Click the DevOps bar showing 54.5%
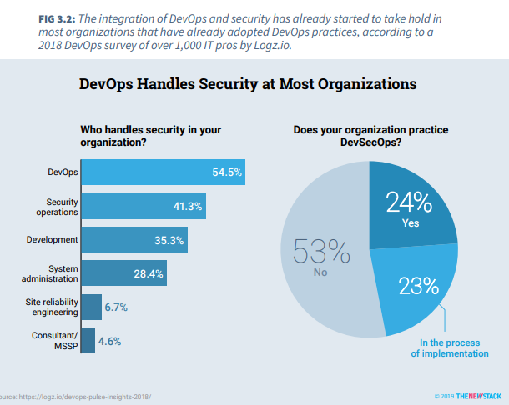point(164,172)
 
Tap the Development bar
point(134,240)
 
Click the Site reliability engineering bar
point(92,307)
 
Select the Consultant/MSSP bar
point(88,340)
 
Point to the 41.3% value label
point(188,206)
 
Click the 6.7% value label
point(116,307)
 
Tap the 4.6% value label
point(109,341)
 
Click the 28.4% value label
point(149,273)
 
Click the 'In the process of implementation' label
point(449,348)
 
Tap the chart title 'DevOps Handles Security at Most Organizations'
point(247,84)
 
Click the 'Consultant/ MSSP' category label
point(55,340)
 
